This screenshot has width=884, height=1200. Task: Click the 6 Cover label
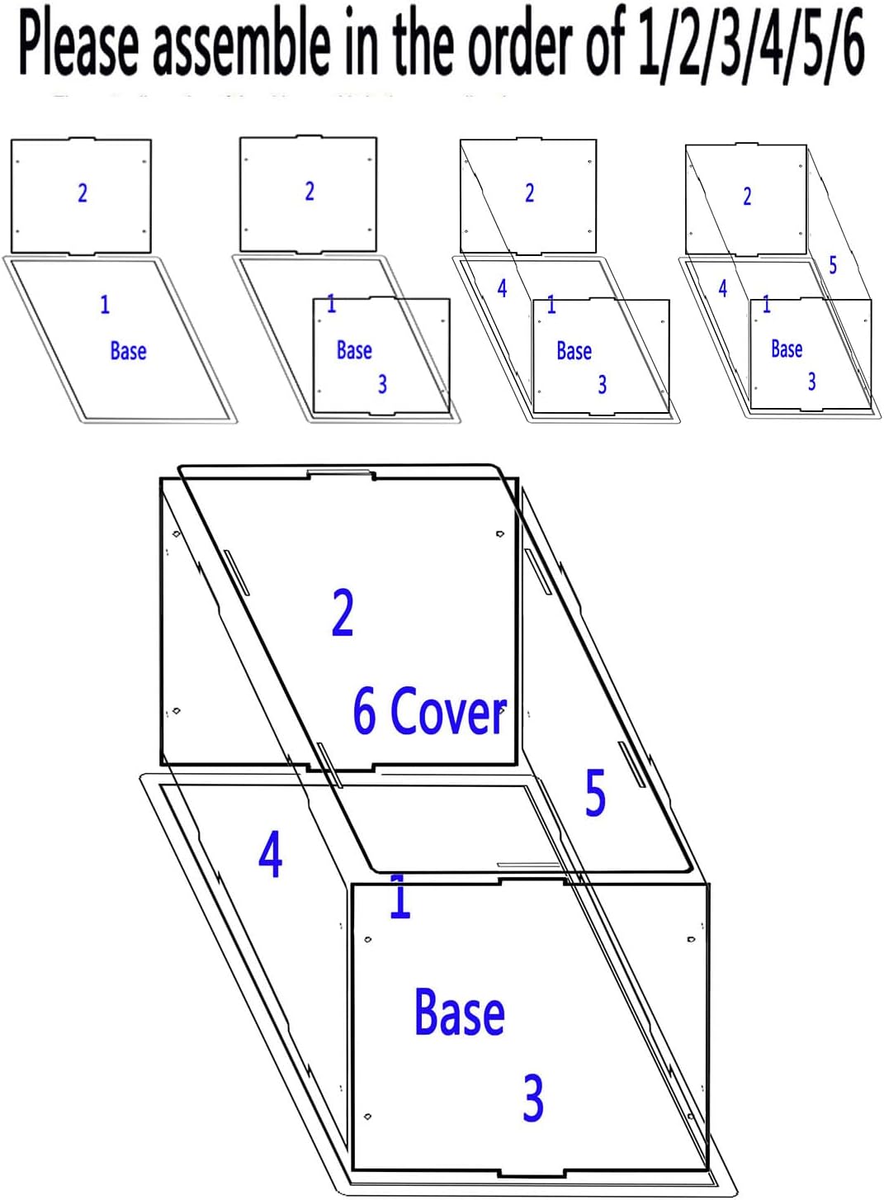(428, 711)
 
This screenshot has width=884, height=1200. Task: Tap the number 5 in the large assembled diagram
(595, 794)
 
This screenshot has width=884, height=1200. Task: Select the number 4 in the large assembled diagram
(270, 855)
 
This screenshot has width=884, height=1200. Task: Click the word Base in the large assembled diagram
(459, 1013)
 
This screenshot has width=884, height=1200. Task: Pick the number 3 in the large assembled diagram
(533, 1098)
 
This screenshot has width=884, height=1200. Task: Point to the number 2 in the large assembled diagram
(343, 614)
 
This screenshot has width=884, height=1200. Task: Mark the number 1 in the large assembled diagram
(399, 899)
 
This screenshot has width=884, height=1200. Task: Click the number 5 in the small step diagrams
(833, 266)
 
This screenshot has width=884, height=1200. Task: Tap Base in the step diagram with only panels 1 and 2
(128, 351)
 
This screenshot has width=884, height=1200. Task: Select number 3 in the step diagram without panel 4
(382, 384)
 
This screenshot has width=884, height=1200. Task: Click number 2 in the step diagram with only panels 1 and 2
(82, 193)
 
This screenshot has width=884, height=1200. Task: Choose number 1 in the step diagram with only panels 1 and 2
(105, 305)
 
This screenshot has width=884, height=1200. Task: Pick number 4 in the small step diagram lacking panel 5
(502, 288)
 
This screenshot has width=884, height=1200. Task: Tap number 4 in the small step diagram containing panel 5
(722, 288)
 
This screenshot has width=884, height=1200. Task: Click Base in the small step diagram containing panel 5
(787, 349)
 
